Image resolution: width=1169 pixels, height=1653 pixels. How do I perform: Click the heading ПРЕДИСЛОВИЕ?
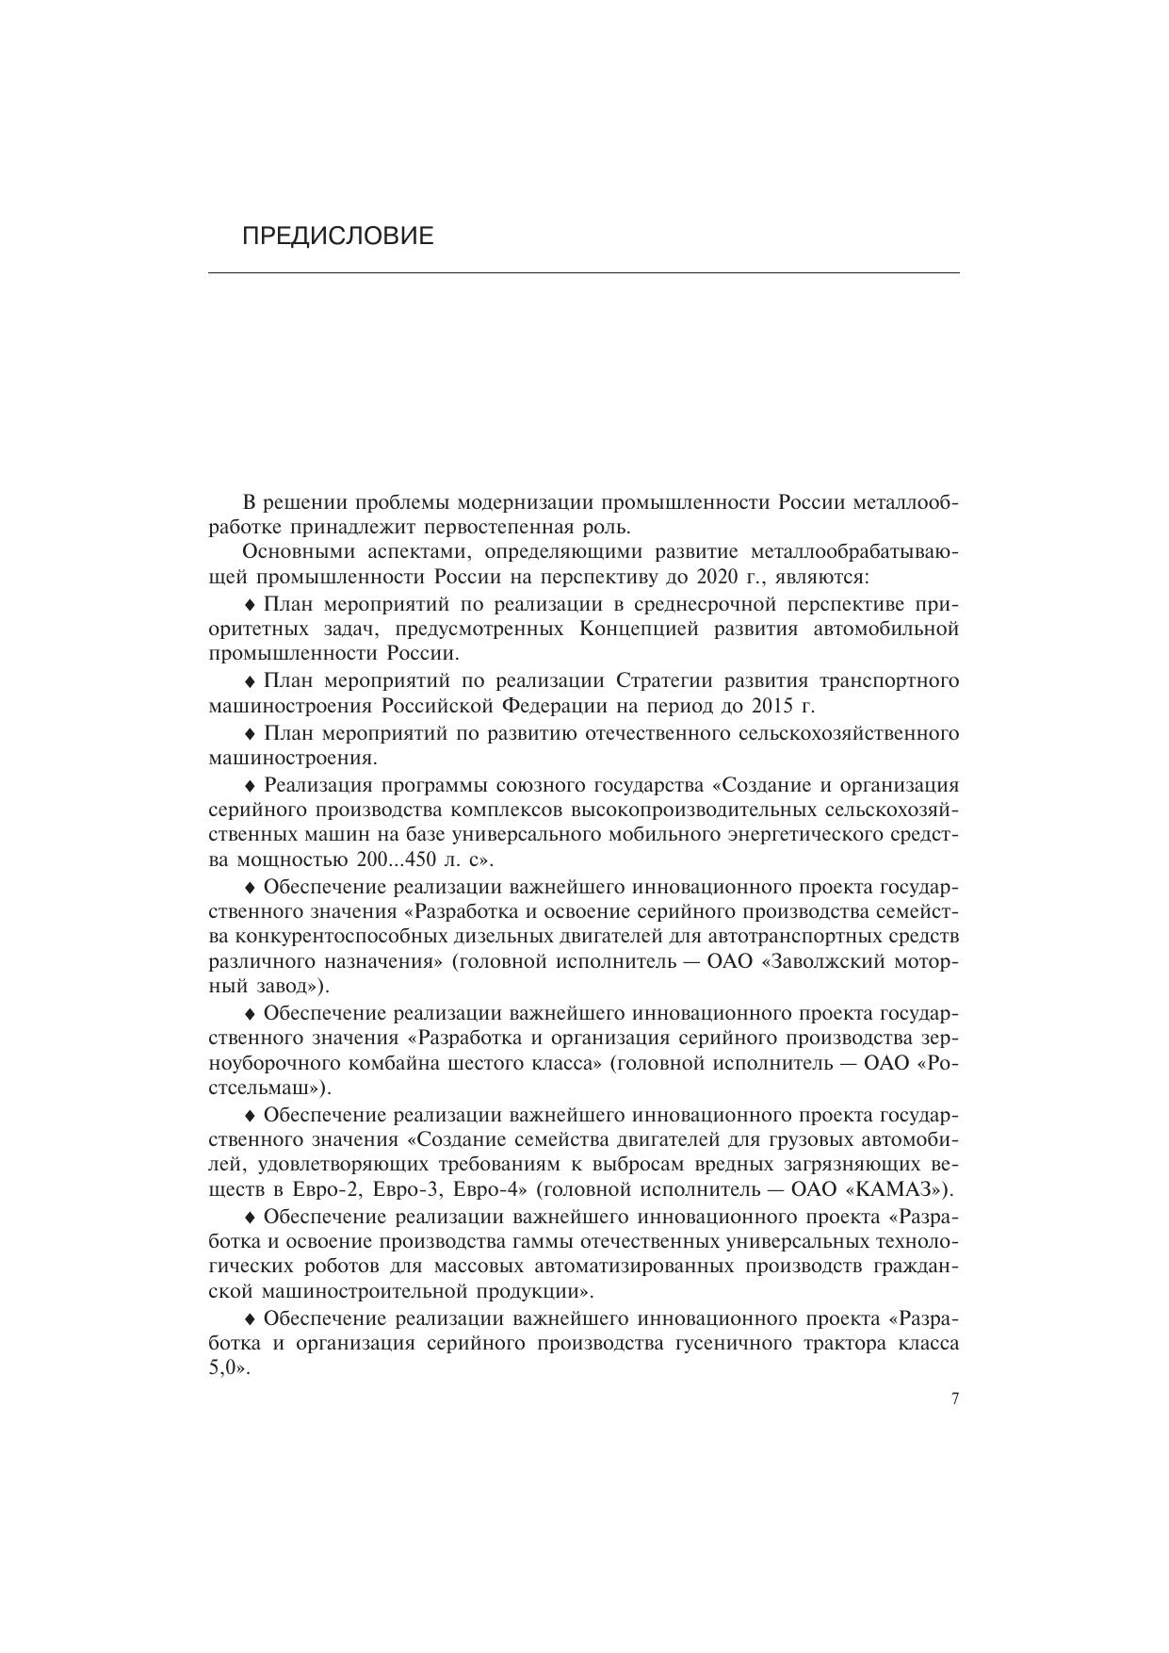pyautogui.click(x=338, y=236)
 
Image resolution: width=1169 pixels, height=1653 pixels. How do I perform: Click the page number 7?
pyautogui.click(x=954, y=1399)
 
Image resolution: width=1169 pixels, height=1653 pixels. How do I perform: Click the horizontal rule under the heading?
pyautogui.click(x=583, y=273)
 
